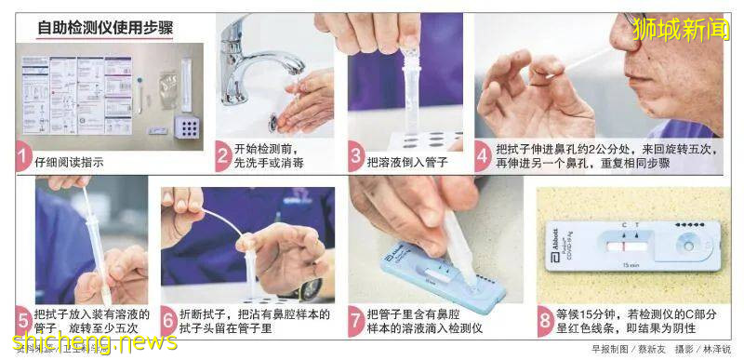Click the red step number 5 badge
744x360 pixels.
click(23, 321)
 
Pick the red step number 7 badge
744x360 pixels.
click(356, 321)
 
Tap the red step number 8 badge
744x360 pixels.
click(545, 321)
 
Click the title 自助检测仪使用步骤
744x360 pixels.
click(105, 27)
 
